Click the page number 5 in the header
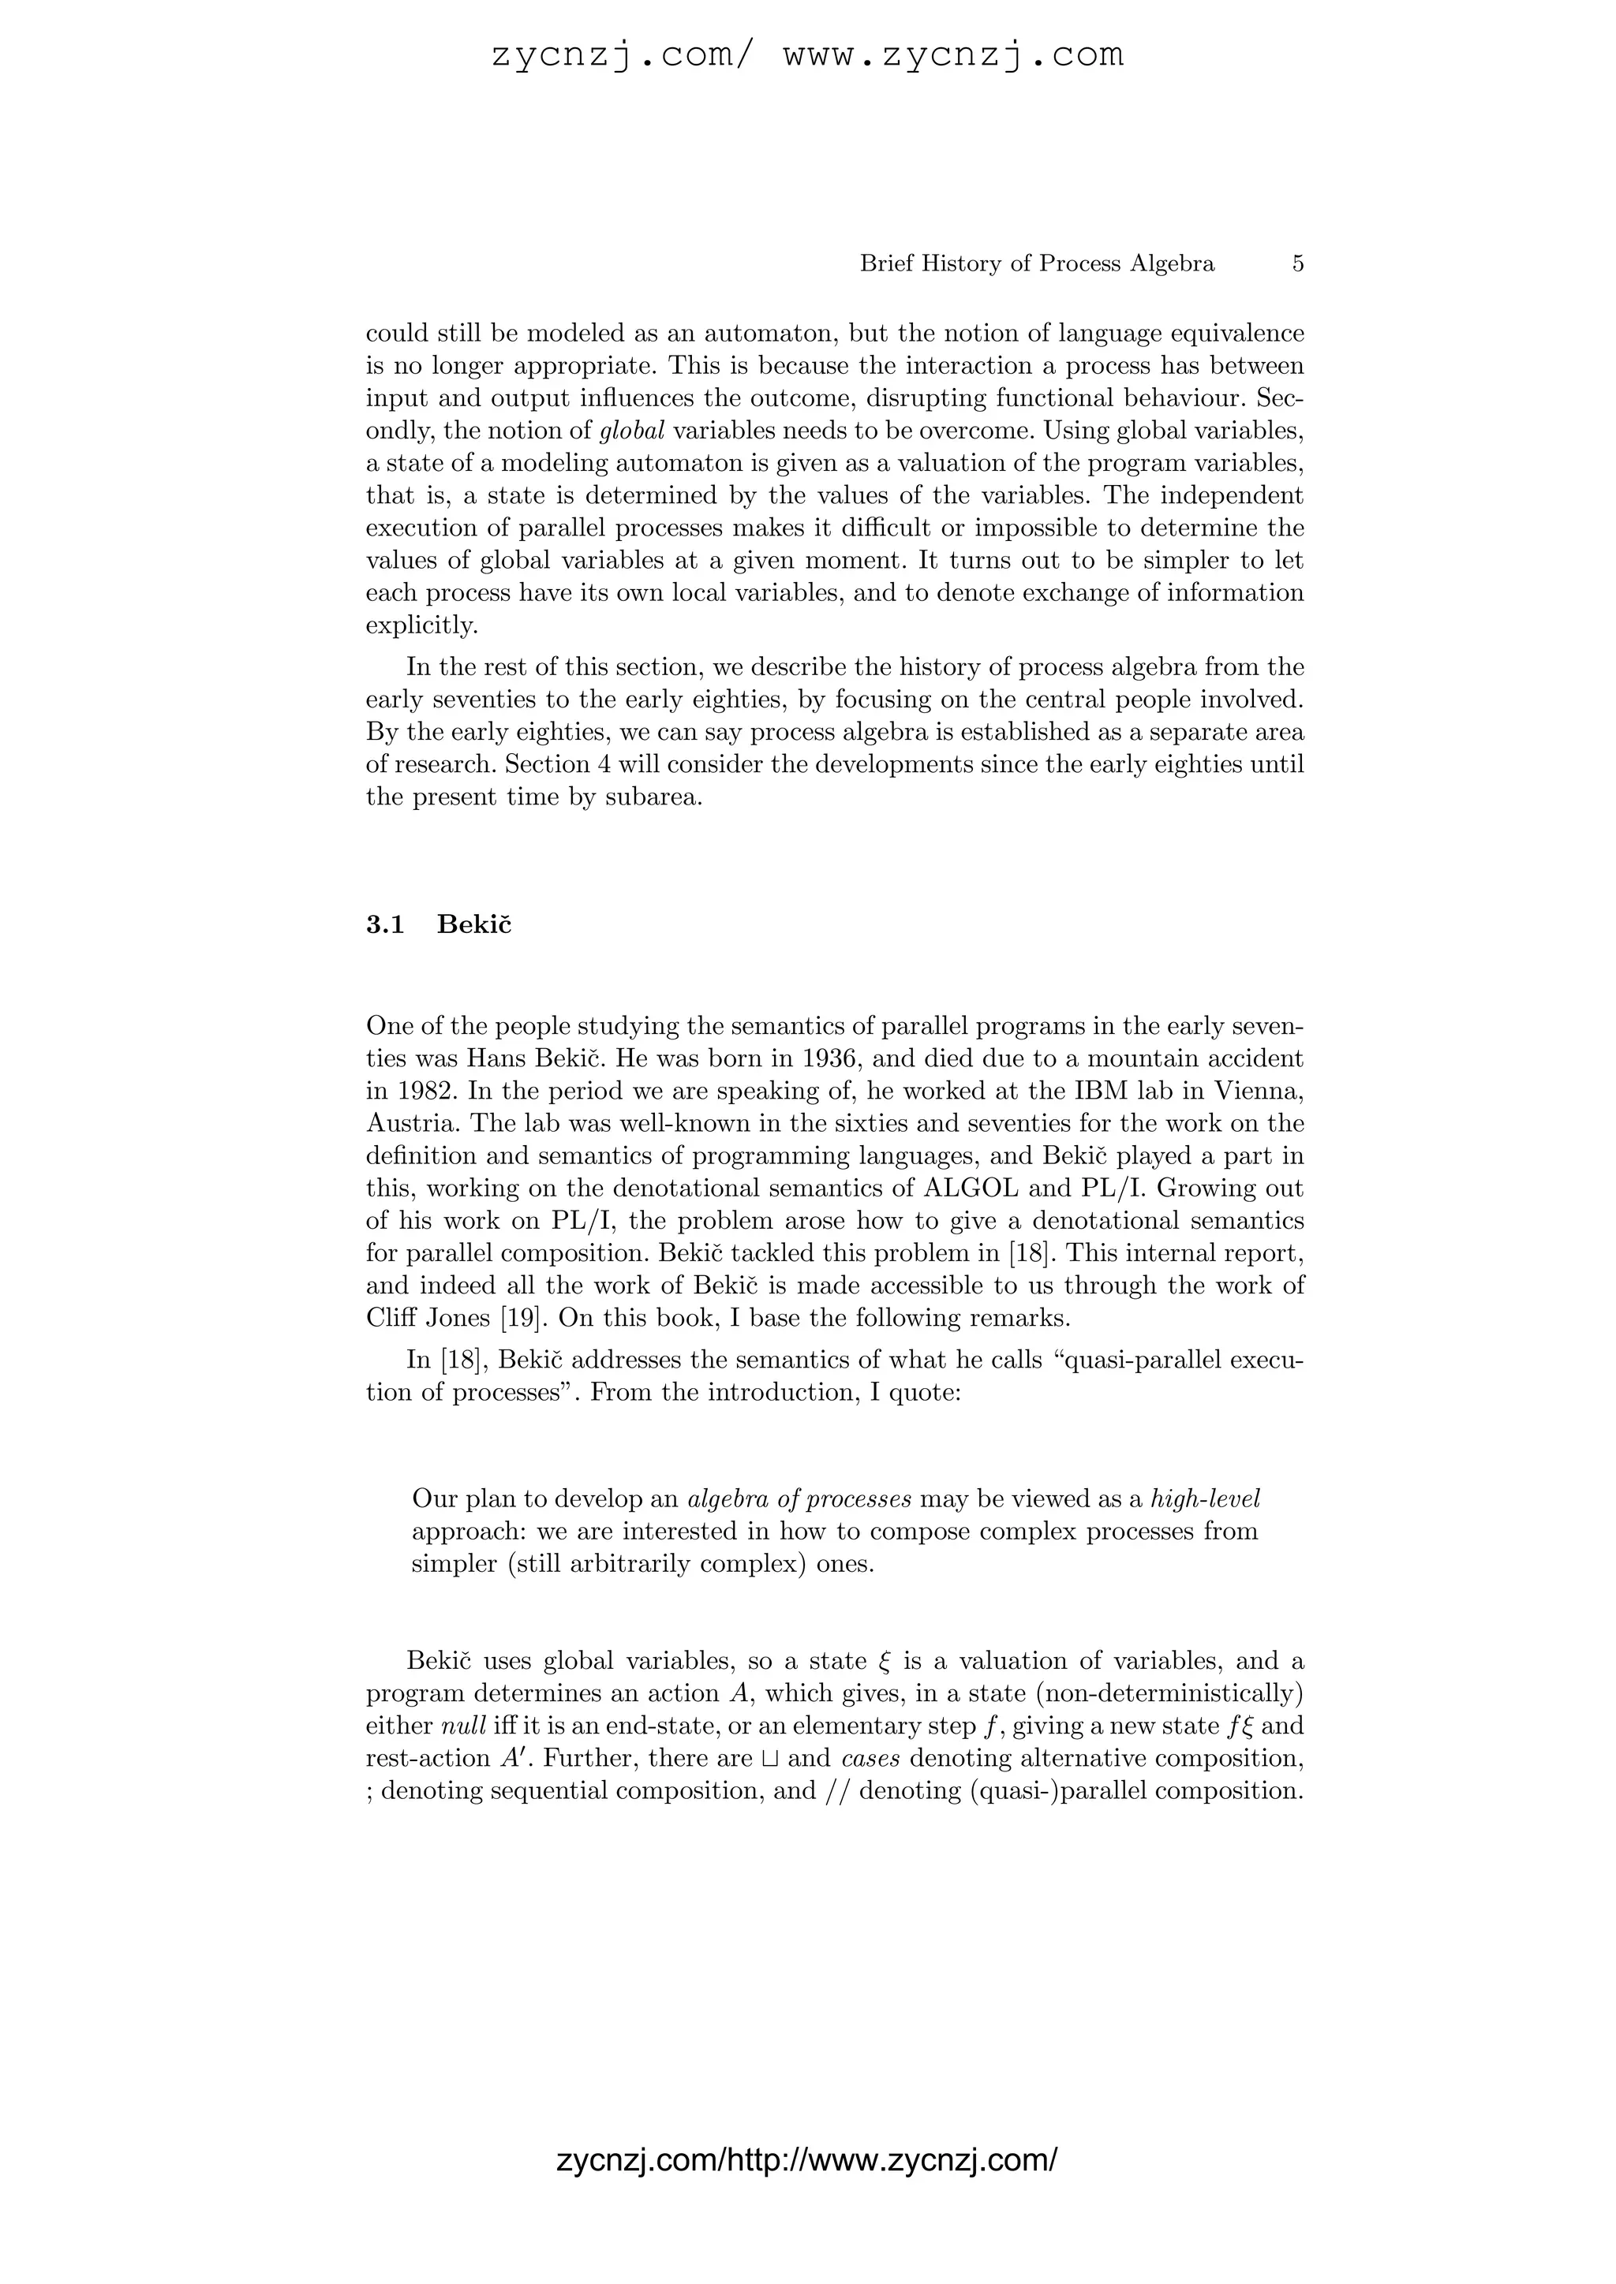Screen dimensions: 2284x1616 [x=1297, y=263]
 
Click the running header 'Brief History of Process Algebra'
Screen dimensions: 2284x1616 [x=1037, y=263]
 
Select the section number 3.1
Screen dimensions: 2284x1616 [x=385, y=924]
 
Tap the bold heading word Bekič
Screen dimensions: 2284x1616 [x=473, y=924]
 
